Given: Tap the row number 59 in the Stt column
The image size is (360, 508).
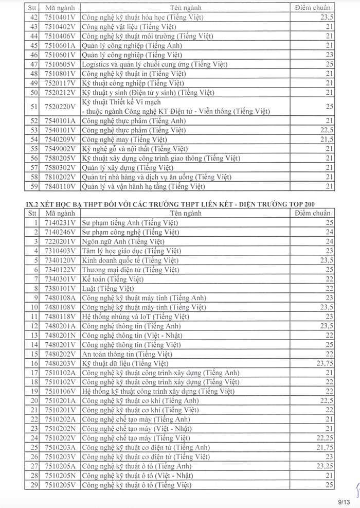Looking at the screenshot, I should point(35,186).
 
